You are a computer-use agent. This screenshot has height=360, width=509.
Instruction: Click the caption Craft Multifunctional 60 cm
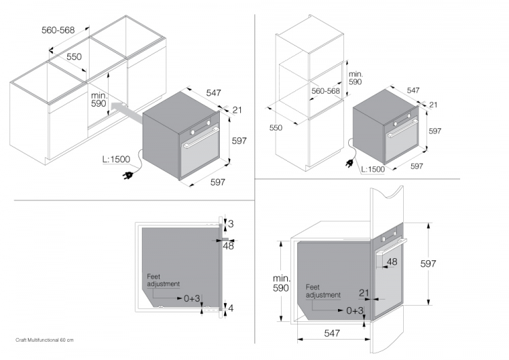point(44,339)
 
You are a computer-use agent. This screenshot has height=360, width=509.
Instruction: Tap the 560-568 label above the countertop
point(58,30)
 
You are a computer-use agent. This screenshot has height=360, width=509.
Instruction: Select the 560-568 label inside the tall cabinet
point(326,91)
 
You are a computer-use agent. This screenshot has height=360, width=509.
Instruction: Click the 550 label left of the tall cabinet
point(276,127)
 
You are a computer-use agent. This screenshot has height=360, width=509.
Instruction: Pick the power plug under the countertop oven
point(126,176)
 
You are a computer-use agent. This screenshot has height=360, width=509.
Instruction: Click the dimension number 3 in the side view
point(230,223)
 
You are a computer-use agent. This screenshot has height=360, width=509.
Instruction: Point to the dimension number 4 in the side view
point(230,308)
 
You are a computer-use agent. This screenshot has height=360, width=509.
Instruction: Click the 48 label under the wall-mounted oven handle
point(392,262)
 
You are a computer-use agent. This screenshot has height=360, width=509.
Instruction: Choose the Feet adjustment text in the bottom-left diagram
point(163,281)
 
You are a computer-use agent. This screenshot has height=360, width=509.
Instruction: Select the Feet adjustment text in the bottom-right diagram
point(322,291)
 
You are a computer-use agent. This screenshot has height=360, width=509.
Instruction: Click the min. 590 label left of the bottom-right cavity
point(280,283)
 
